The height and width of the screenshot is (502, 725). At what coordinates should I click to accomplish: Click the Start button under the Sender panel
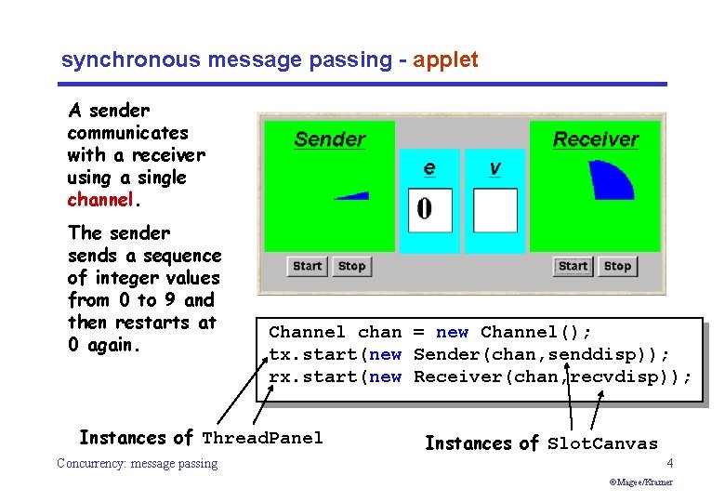(x=307, y=266)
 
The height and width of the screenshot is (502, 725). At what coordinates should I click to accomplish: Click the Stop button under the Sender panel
(x=351, y=266)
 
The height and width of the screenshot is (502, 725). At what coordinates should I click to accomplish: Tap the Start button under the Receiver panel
(x=573, y=266)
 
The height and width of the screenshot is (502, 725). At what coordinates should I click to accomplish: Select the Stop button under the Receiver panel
(x=617, y=266)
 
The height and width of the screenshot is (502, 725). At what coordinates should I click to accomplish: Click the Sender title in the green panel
(x=330, y=140)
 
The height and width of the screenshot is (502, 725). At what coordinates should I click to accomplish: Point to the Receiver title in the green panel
(x=596, y=140)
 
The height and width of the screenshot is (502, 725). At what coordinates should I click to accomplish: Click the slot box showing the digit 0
(x=429, y=210)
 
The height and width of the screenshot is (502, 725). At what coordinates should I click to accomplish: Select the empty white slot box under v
(x=494, y=210)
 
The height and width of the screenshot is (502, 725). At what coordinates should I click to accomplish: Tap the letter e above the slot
(x=429, y=168)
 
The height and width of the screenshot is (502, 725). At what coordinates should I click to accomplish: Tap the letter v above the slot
(x=494, y=168)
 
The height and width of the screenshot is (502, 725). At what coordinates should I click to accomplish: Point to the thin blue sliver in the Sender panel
(x=353, y=195)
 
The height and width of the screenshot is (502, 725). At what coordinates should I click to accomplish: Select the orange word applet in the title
(x=445, y=60)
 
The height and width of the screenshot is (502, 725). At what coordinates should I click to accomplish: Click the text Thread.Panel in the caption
(x=262, y=438)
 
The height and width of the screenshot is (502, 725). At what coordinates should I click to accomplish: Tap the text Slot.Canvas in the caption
(x=602, y=443)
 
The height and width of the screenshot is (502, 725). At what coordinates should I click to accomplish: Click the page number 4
(x=669, y=463)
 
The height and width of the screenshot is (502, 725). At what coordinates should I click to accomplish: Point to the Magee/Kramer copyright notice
(x=641, y=482)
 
